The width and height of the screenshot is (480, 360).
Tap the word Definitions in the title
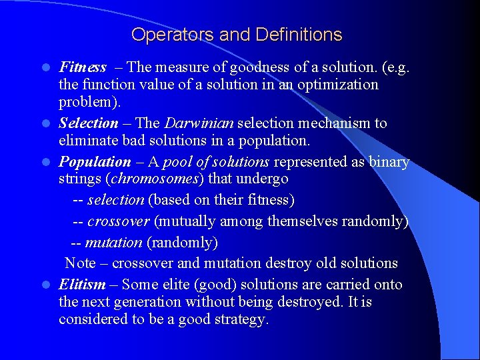click(x=299, y=35)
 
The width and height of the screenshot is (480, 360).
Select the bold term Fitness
click(x=83, y=67)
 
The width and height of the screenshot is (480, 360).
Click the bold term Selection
click(x=89, y=123)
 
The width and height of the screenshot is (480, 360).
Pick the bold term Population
click(x=95, y=162)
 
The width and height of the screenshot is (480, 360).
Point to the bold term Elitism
click(x=82, y=285)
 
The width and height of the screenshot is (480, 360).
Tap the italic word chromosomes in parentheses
click(x=160, y=179)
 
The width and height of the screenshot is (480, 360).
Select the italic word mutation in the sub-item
click(x=113, y=243)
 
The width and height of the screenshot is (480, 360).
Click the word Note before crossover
click(x=80, y=263)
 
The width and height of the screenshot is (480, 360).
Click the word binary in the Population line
click(x=388, y=162)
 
